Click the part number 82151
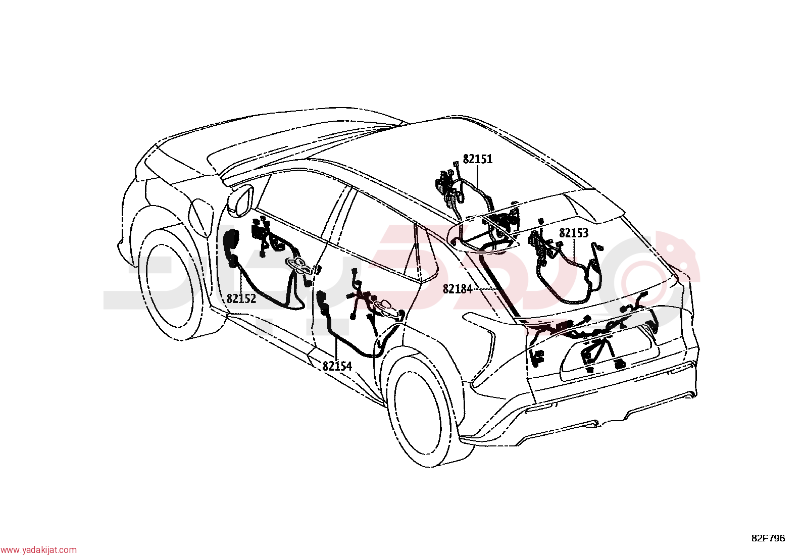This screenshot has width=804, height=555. [477, 159]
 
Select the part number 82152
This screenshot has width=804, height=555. [241, 298]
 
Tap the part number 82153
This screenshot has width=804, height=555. [574, 233]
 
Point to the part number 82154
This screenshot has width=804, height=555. [337, 366]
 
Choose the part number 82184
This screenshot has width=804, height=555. [457, 289]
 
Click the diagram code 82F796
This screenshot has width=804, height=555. [768, 538]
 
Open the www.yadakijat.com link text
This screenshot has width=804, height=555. [38, 550]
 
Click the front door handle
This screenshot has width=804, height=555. [298, 265]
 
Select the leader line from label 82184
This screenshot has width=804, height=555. [485, 289]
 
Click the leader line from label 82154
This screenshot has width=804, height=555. [336, 349]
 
